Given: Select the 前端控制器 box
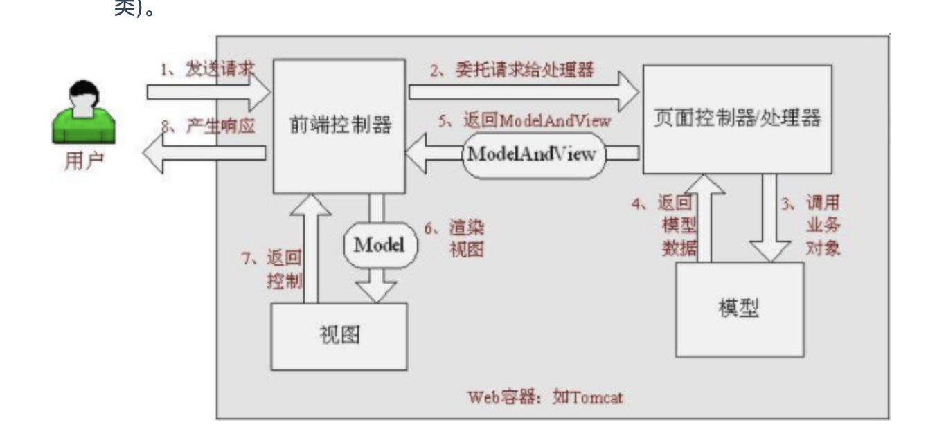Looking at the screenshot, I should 339,126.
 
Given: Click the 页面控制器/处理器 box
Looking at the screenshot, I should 737,118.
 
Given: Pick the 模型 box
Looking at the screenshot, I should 739,308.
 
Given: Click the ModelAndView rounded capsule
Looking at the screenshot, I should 531,154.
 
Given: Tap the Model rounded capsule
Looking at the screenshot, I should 378,245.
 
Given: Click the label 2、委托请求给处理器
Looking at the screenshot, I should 512,70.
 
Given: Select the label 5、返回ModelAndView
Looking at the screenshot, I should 526,120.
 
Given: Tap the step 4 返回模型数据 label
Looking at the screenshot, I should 666,226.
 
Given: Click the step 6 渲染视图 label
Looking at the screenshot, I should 454,238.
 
